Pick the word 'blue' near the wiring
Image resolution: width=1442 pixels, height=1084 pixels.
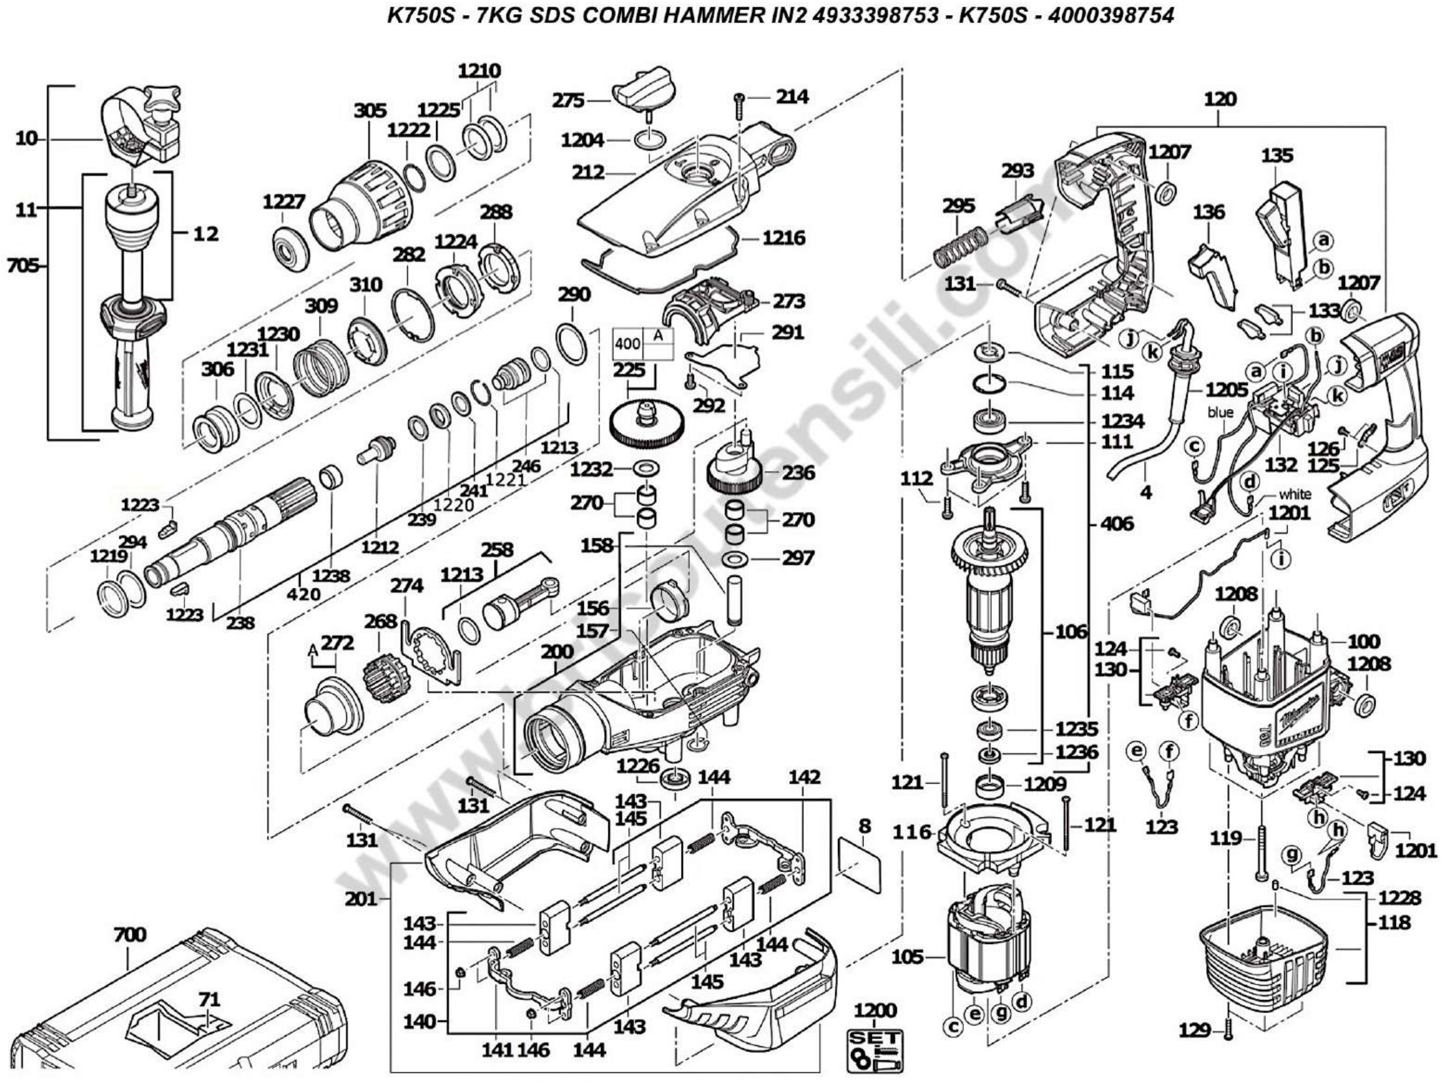(x=1220, y=412)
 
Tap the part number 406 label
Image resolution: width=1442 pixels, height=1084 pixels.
(x=1117, y=524)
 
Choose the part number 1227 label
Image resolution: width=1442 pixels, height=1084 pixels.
(x=284, y=202)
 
